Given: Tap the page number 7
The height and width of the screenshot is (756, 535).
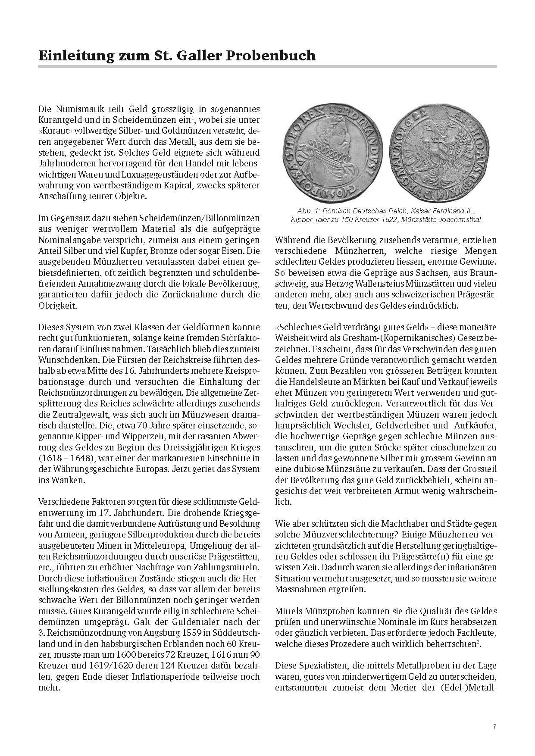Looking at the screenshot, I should (x=494, y=726).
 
